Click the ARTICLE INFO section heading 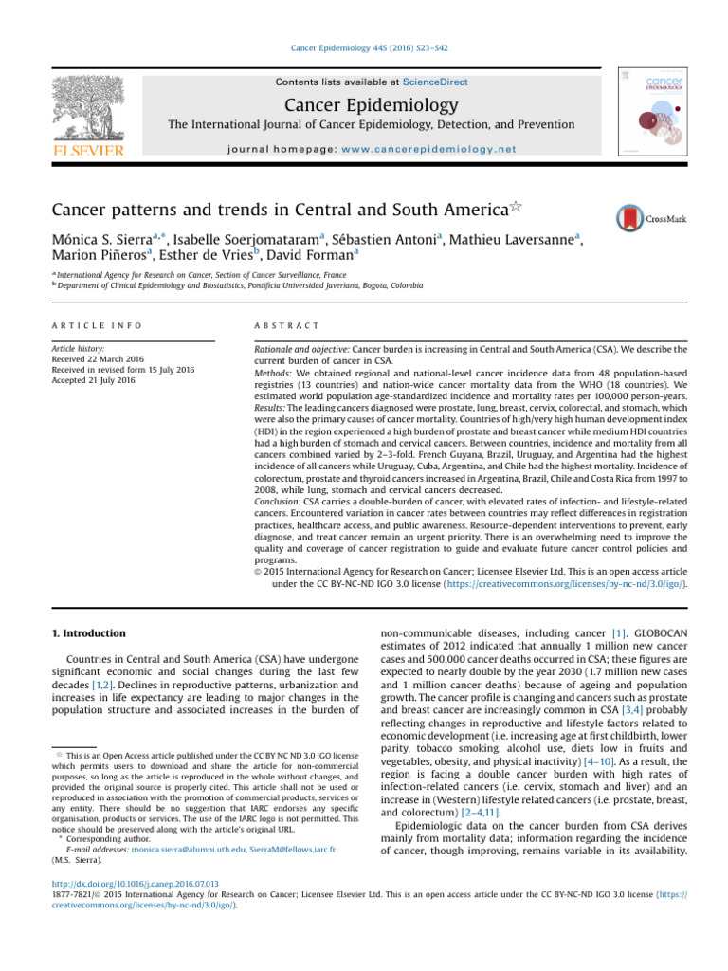96,325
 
